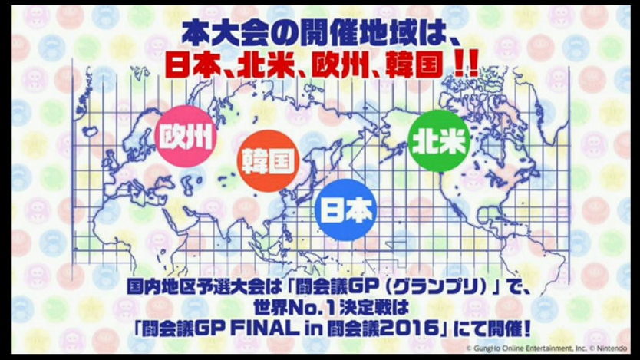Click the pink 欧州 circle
click(x=186, y=137)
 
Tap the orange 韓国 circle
click(x=268, y=161)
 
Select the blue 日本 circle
click(x=346, y=210)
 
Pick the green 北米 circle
click(x=439, y=140)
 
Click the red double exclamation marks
click(x=466, y=65)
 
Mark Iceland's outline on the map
click(x=91, y=131)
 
